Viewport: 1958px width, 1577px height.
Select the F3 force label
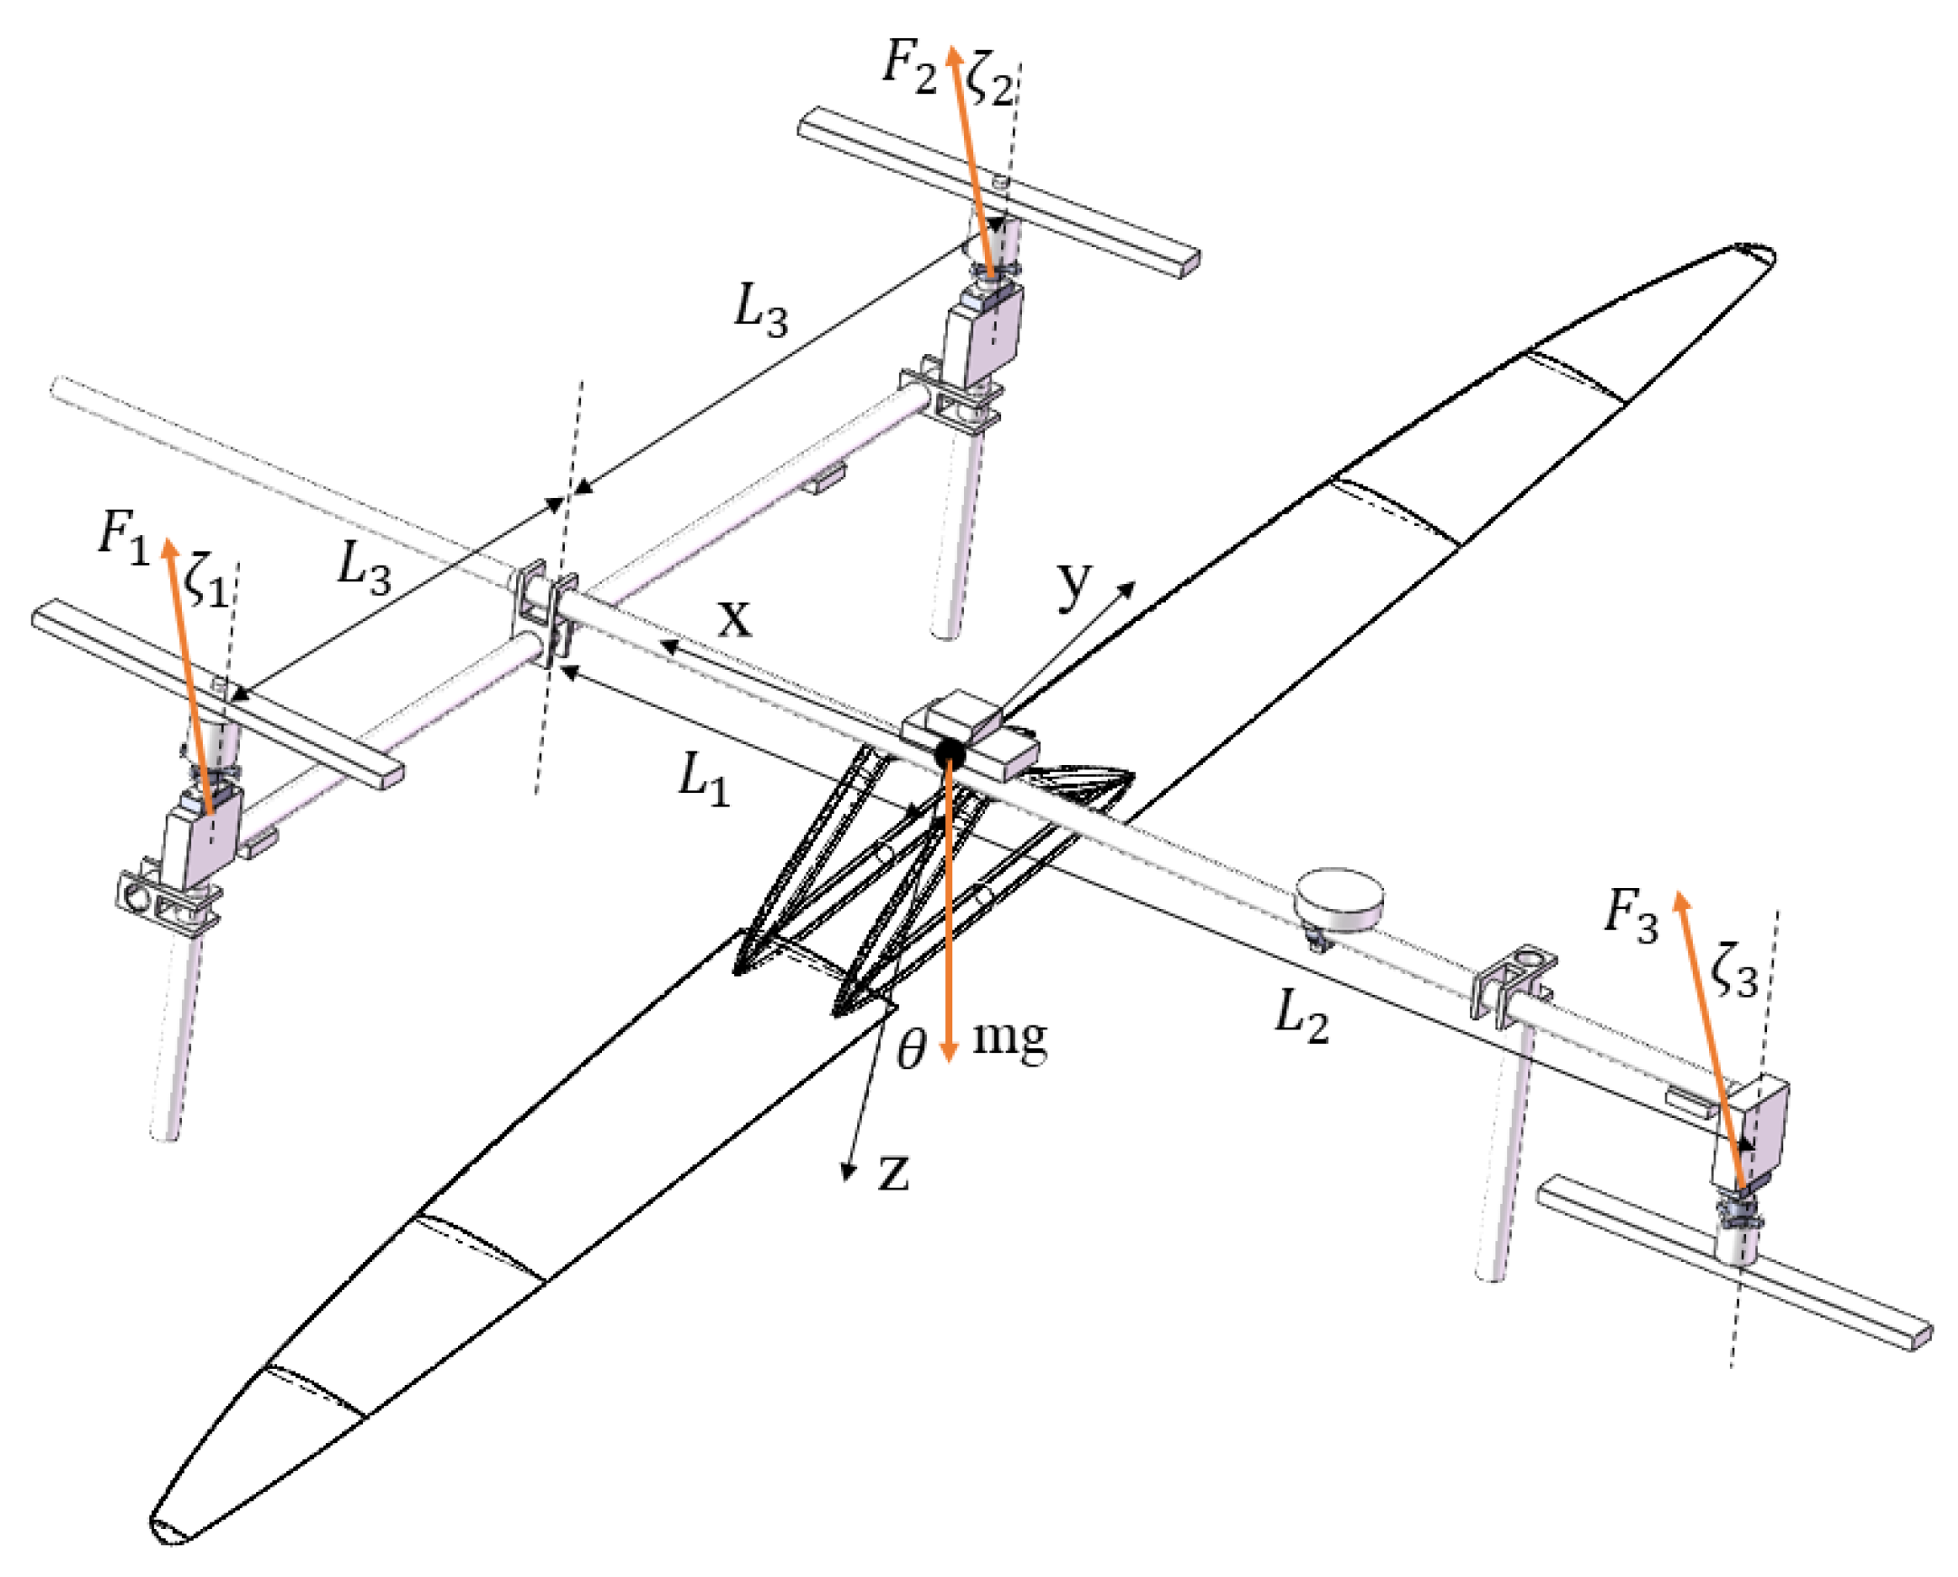pyautogui.click(x=1630, y=914)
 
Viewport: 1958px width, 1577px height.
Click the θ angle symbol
pyautogui.click(x=910, y=1052)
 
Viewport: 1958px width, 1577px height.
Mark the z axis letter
pyautogui.click(x=893, y=1172)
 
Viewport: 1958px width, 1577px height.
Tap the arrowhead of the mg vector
pyautogui.click(x=949, y=1054)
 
